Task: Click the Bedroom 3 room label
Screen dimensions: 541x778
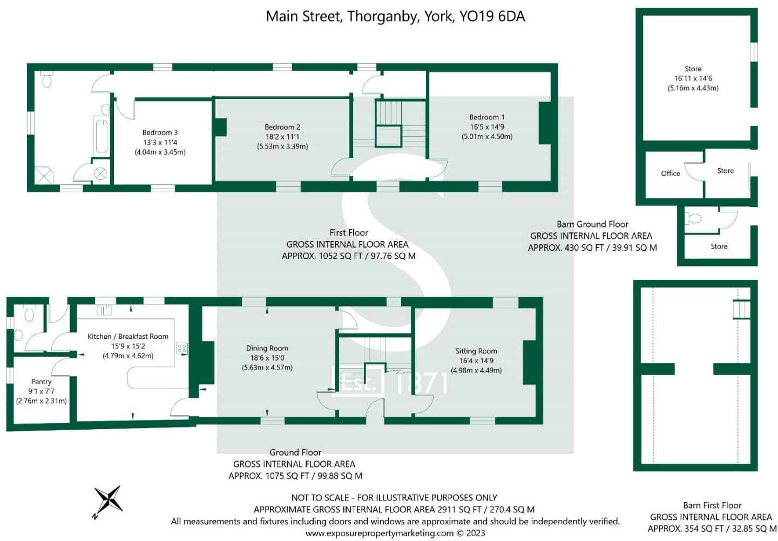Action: [x=160, y=132]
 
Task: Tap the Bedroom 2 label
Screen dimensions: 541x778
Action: [x=282, y=127]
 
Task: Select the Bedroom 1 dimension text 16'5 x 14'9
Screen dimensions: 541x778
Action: [x=487, y=127]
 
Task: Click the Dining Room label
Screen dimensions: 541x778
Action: [x=267, y=348]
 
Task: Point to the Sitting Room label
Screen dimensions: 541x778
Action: [x=476, y=351]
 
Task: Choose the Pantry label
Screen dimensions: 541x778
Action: [x=42, y=382]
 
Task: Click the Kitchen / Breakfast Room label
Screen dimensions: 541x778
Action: [x=128, y=336]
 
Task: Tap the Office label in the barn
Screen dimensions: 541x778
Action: [x=671, y=173]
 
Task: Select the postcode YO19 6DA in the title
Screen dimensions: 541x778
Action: [x=492, y=16]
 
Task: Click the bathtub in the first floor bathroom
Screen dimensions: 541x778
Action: [x=101, y=137]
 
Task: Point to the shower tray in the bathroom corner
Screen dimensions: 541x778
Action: [x=42, y=175]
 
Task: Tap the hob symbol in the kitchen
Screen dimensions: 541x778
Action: [x=182, y=349]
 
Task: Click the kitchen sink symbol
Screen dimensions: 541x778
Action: [x=104, y=310]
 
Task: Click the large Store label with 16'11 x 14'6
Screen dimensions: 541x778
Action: [x=693, y=69]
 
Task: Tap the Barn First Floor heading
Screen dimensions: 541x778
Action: [x=712, y=505]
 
